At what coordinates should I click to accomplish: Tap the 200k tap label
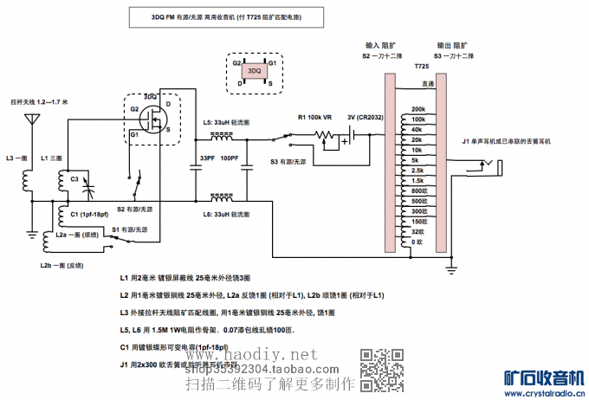tap(417, 108)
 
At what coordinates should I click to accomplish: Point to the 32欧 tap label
tap(417, 231)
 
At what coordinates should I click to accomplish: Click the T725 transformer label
tap(421, 66)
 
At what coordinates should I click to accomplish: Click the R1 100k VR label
tap(314, 117)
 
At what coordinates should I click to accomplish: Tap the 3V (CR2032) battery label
tap(364, 117)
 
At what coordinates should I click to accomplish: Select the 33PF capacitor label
tap(207, 158)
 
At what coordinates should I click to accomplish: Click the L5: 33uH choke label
tap(226, 123)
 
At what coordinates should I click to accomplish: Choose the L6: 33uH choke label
tap(226, 214)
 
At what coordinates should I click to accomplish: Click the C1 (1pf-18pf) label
tap(89, 214)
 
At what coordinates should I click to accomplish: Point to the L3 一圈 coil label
tap(16, 158)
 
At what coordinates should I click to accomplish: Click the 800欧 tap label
tap(417, 190)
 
